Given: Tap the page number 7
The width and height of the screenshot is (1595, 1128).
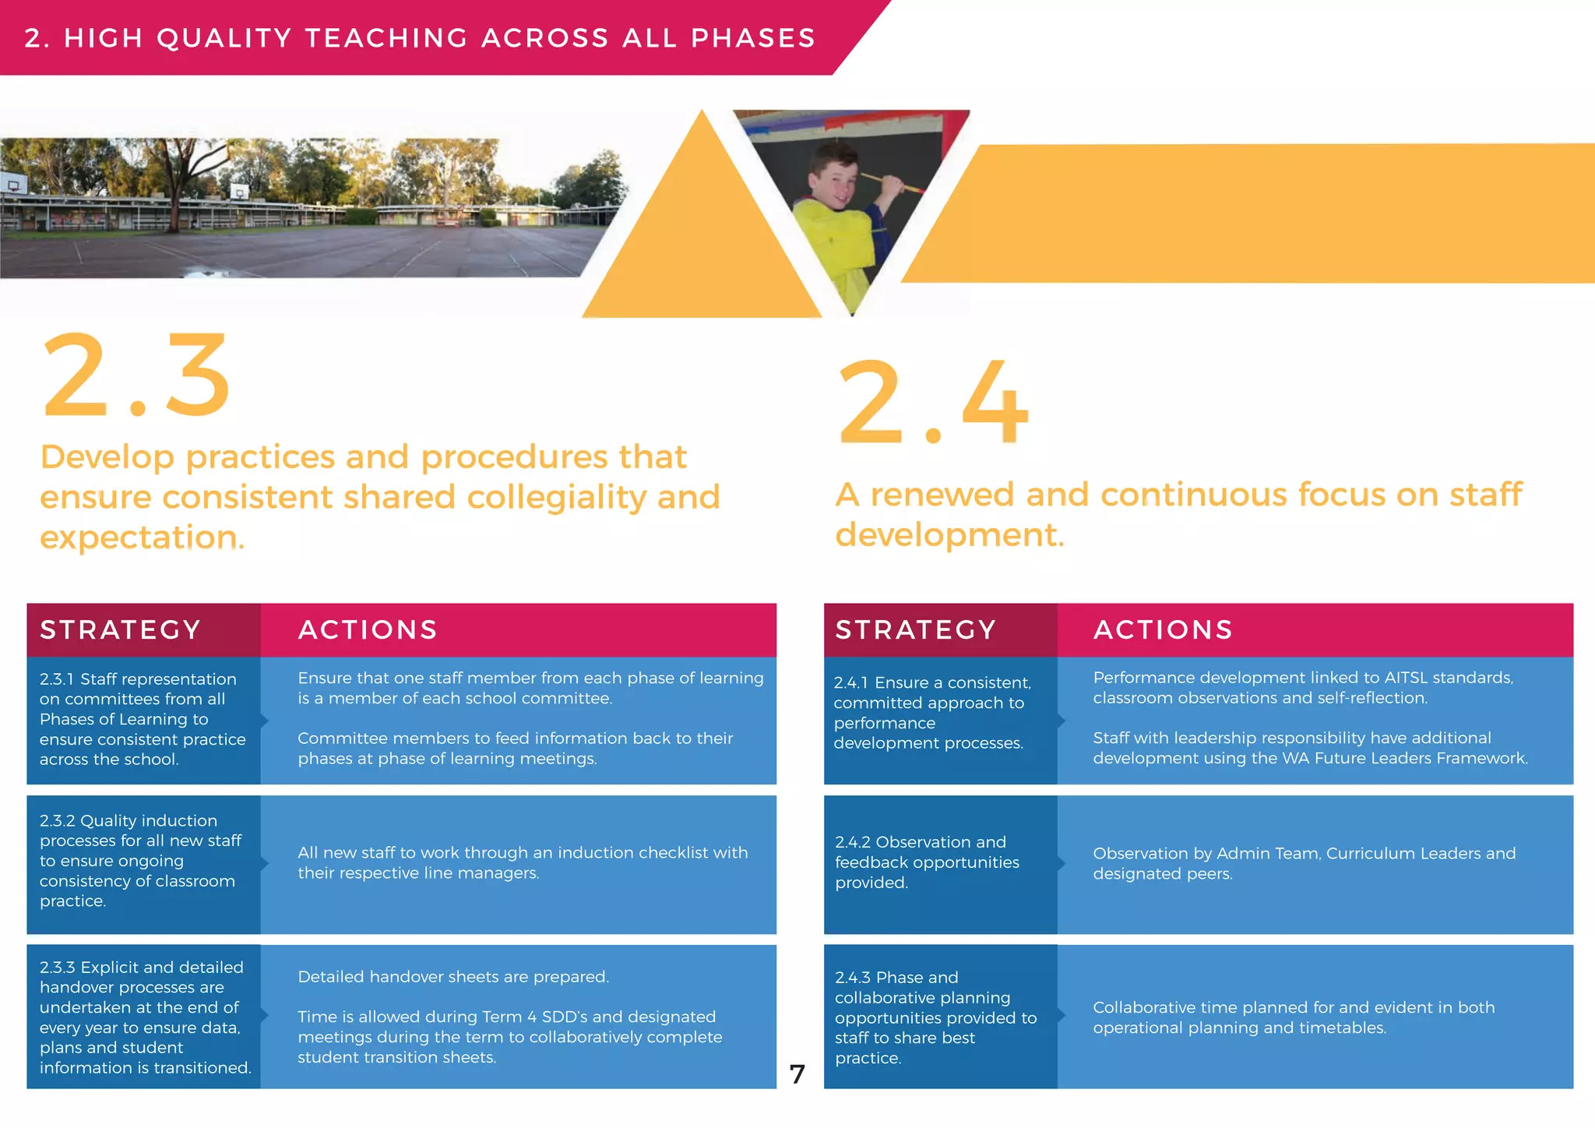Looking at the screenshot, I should click(797, 1075).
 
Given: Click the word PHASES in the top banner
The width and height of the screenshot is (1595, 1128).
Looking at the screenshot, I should click(752, 38).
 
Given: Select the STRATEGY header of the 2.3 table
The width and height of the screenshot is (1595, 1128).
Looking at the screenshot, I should click(121, 629).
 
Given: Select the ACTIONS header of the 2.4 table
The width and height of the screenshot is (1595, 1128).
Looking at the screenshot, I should click(1163, 629).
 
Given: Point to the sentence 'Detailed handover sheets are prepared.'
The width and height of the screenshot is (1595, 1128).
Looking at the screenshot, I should click(453, 977).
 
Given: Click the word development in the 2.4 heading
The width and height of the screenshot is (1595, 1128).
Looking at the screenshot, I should click(949, 535).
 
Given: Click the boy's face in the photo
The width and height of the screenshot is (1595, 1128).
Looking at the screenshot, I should click(834, 175).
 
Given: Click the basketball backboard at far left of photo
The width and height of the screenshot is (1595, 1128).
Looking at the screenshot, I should click(13, 185).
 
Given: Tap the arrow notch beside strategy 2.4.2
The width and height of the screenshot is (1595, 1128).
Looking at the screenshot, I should click(1062, 863).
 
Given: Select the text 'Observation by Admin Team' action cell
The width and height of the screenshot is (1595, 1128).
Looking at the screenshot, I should click(1304, 863).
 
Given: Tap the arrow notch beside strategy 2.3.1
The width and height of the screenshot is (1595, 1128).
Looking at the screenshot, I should click(265, 721).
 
